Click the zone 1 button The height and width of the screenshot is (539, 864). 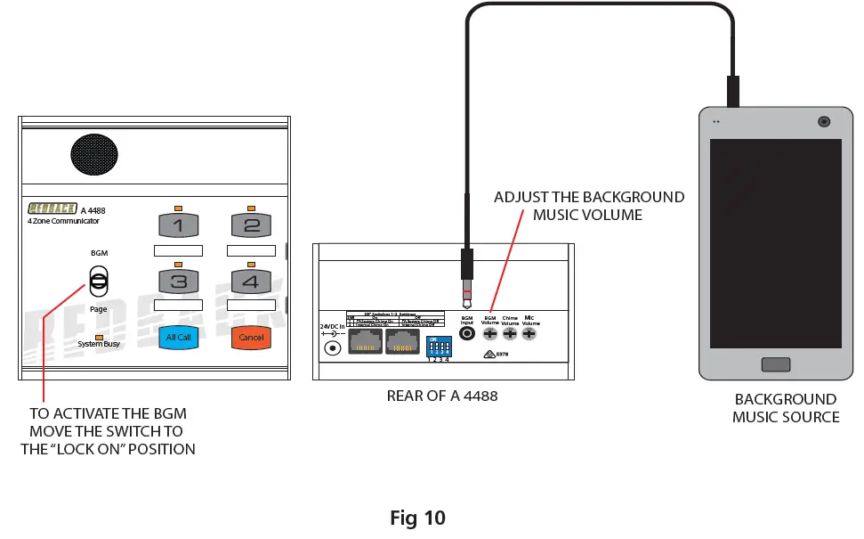(178, 225)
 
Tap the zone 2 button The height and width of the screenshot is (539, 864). (252, 225)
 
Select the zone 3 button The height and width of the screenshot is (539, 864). (178, 282)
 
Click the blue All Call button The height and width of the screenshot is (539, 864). (178, 338)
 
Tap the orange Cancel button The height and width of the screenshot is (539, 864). (252, 338)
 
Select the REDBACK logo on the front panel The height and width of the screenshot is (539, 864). (53, 208)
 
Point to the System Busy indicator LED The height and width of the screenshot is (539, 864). (99, 335)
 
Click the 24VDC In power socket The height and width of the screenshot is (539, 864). (334, 347)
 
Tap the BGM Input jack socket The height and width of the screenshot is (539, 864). (466, 334)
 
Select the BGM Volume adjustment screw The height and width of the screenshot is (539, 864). (489, 334)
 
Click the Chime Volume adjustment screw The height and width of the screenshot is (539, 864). (510, 334)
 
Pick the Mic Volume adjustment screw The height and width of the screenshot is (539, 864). (530, 334)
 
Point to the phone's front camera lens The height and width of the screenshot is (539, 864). (825, 121)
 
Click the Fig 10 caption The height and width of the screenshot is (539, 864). (417, 518)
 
